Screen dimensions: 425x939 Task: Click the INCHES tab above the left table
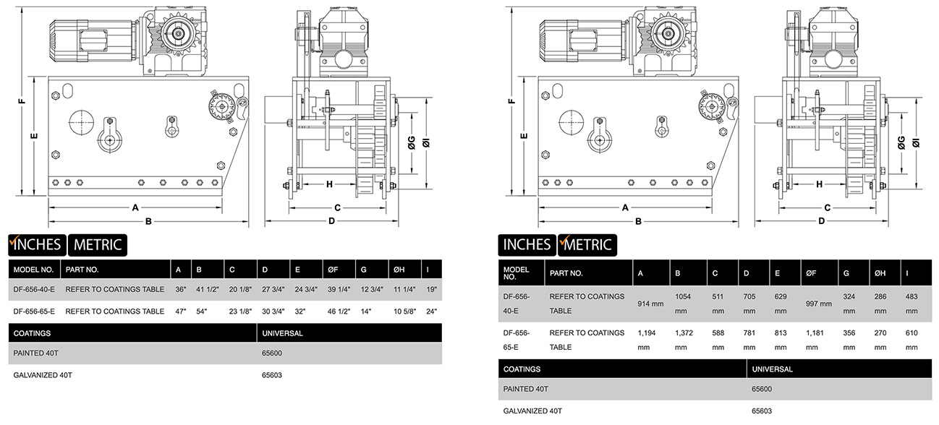pos(37,244)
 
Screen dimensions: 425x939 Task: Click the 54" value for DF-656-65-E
pos(201,311)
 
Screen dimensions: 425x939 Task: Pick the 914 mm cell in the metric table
pos(650,304)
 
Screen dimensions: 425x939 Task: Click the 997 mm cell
pos(820,304)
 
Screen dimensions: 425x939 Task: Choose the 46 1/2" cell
pos(339,311)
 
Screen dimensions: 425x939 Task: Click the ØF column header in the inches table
pos(333,270)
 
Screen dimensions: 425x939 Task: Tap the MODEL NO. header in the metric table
pos(516,272)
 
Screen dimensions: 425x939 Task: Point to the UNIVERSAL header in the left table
pos(282,333)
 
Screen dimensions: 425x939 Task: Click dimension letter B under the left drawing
pos(148,221)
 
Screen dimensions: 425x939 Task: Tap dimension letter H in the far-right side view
pos(820,184)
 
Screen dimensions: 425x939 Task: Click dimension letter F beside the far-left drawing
pos(22,101)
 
